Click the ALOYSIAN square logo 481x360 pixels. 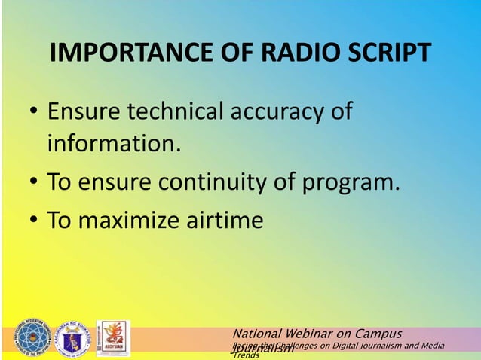[x=113, y=338]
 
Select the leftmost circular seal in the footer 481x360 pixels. [x=32, y=338]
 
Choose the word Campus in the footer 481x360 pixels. [x=377, y=333]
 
